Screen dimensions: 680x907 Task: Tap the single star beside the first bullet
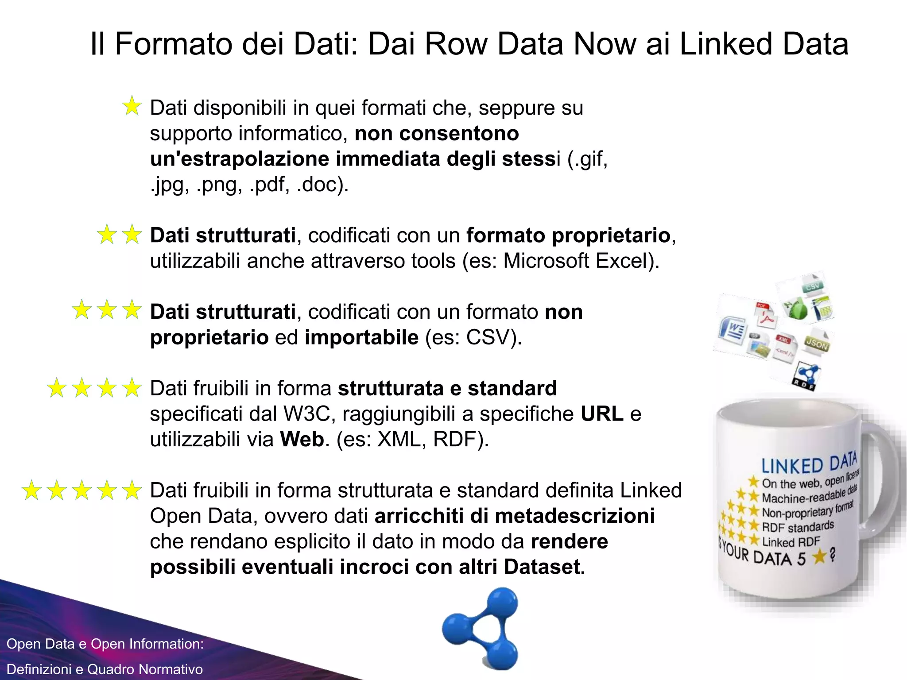pyautogui.click(x=132, y=107)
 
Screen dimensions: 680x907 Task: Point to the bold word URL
pyautogui.click(x=602, y=414)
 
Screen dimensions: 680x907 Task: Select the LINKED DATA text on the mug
pyautogui.click(x=809, y=464)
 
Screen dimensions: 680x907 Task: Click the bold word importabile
pyautogui.click(x=361, y=337)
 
